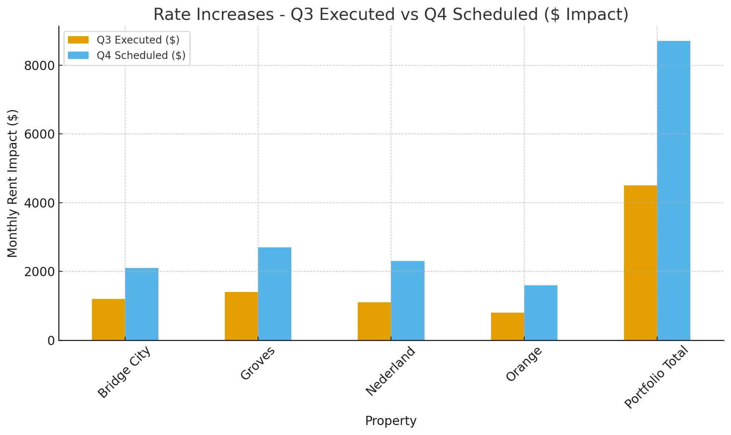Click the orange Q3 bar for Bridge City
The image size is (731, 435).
point(108,319)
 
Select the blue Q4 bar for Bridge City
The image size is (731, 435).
point(142,304)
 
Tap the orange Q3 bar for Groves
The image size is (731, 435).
point(241,316)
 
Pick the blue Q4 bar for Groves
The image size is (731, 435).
point(275,293)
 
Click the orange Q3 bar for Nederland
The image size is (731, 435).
point(374,321)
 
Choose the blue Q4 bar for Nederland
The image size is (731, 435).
point(408,300)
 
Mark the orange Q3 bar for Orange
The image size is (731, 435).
point(507,326)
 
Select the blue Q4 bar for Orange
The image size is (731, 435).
point(541,313)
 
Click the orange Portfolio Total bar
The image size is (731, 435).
point(640,262)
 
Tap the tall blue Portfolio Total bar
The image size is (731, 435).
point(674,190)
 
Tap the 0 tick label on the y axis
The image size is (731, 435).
point(51,341)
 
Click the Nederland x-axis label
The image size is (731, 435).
point(391,371)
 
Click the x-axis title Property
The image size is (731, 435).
point(391,421)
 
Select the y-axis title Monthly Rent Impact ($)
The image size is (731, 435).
point(13,183)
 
